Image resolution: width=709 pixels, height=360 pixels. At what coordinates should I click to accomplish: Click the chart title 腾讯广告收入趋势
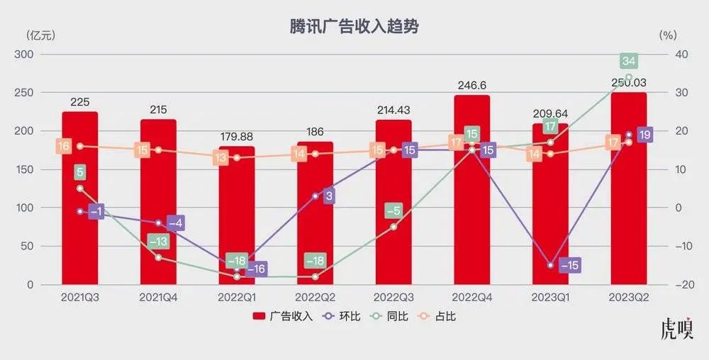pyautogui.click(x=354, y=27)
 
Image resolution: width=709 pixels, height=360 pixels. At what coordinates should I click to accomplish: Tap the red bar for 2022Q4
pyautogui.click(x=471, y=213)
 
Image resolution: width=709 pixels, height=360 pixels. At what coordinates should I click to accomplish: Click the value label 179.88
pyautogui.click(x=237, y=137)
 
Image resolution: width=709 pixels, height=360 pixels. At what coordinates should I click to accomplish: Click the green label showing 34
pyautogui.click(x=628, y=60)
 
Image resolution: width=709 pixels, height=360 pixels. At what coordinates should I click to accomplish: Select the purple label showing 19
pyautogui.click(x=645, y=135)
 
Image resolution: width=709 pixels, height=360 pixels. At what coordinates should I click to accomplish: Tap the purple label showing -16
pyautogui.click(x=256, y=269)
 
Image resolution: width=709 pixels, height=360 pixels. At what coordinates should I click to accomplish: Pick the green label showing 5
pyautogui.click(x=80, y=172)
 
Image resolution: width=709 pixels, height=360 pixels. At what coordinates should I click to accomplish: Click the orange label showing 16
pyautogui.click(x=64, y=147)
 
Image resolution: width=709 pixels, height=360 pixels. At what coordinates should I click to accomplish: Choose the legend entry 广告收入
pyautogui.click(x=284, y=316)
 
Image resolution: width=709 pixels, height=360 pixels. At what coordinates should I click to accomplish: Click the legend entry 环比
pyautogui.click(x=342, y=316)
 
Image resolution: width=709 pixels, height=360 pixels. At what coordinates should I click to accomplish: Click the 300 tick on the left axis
pyautogui.click(x=24, y=55)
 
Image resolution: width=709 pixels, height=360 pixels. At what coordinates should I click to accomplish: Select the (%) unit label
pyautogui.click(x=668, y=35)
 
